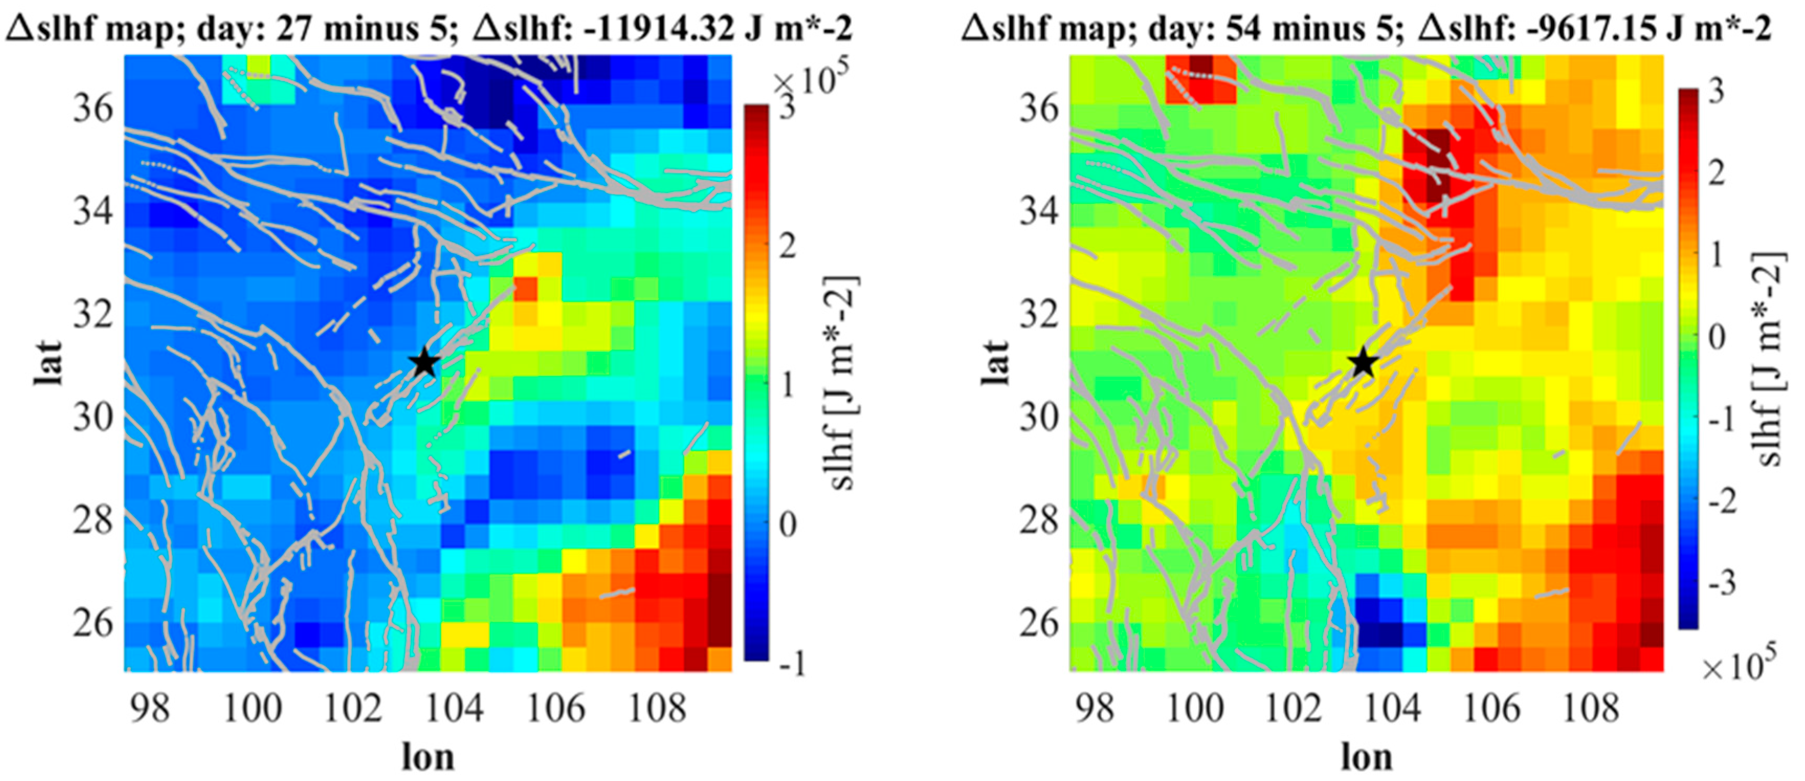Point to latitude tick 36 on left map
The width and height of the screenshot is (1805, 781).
[x=93, y=108]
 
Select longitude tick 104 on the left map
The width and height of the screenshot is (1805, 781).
[x=454, y=709]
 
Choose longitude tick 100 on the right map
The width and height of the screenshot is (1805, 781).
[x=1194, y=709]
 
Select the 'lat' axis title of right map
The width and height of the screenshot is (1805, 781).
[x=995, y=363]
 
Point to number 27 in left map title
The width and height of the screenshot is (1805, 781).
[x=296, y=28]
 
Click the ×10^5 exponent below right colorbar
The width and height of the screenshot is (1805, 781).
[x=1739, y=666]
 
